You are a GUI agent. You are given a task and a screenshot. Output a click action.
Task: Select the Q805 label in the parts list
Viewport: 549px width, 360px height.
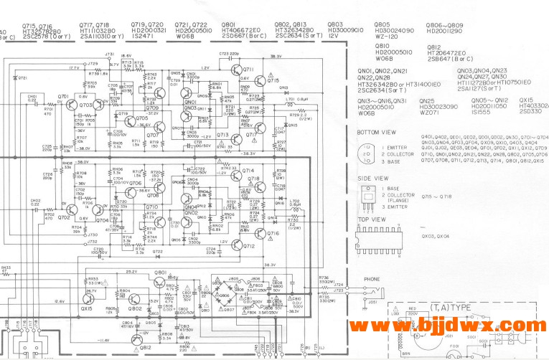click(382, 24)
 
